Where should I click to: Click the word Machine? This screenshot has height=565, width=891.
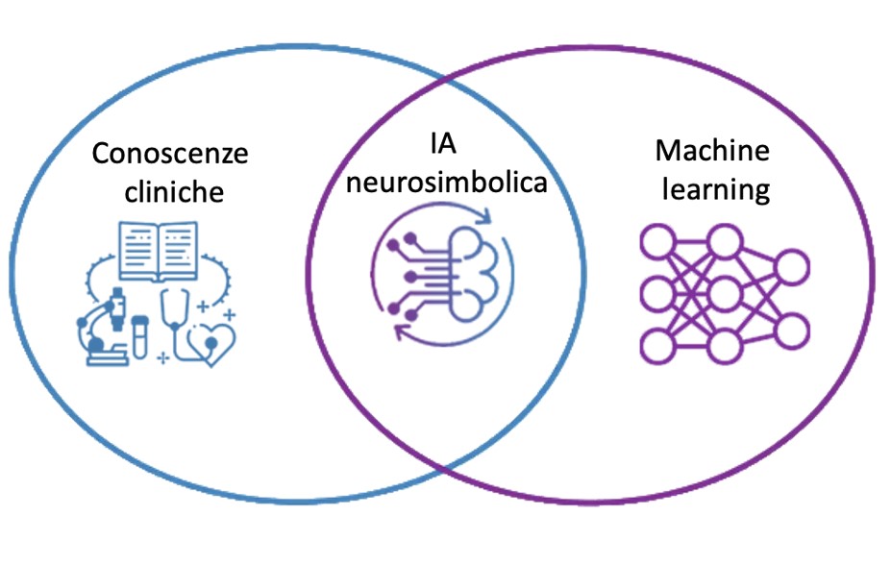[712, 151]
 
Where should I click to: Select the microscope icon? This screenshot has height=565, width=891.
[108, 322]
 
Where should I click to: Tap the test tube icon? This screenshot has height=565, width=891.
[140, 337]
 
